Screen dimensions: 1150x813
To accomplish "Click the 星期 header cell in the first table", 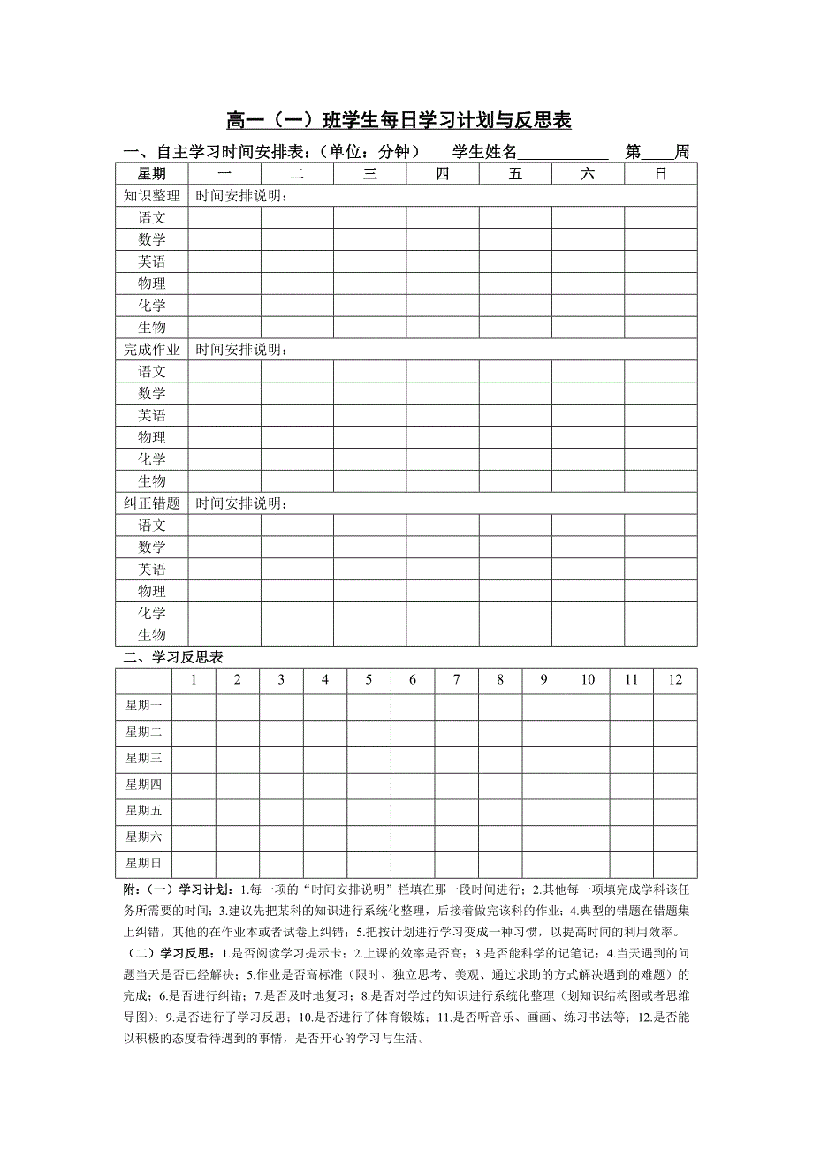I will click(151, 174).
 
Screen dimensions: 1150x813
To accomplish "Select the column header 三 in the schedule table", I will click(369, 174).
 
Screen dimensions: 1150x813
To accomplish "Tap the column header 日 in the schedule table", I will click(660, 174).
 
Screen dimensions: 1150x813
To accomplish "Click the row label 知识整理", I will click(151, 196).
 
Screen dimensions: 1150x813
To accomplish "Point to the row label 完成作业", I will click(151, 350).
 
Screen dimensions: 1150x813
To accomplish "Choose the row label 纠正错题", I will click(151, 503).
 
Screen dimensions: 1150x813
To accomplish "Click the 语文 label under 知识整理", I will click(151, 217).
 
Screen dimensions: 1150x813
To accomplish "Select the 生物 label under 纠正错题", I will click(151, 635).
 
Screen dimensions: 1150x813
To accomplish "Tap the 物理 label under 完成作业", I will click(151, 437).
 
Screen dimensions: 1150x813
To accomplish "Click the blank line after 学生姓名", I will click(562, 152).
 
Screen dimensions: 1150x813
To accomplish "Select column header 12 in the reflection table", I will click(675, 680).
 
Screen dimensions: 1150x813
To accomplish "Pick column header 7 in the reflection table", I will click(456, 680).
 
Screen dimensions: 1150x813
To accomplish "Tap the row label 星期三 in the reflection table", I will click(143, 758).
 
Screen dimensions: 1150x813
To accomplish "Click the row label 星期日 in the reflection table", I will click(143, 863).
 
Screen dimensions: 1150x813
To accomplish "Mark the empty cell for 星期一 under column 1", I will click(194, 706).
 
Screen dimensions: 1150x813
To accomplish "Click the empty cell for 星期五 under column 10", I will click(588, 811).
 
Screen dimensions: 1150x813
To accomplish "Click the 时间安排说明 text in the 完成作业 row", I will click(241, 350).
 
